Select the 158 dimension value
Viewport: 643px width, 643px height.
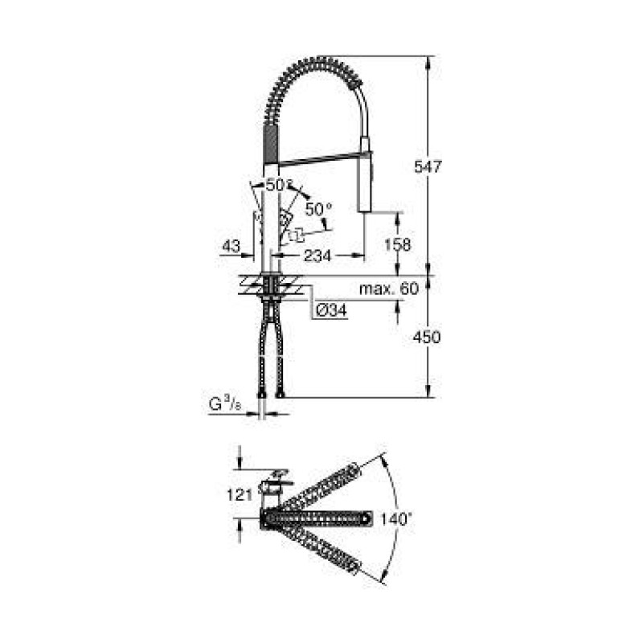point(399,244)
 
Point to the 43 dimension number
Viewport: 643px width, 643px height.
point(231,247)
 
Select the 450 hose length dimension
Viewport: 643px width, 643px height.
point(426,338)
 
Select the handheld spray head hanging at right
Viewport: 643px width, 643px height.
point(366,181)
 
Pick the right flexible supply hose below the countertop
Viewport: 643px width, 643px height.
point(279,350)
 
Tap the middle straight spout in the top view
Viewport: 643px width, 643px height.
point(321,518)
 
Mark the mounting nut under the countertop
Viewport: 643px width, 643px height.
point(271,299)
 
